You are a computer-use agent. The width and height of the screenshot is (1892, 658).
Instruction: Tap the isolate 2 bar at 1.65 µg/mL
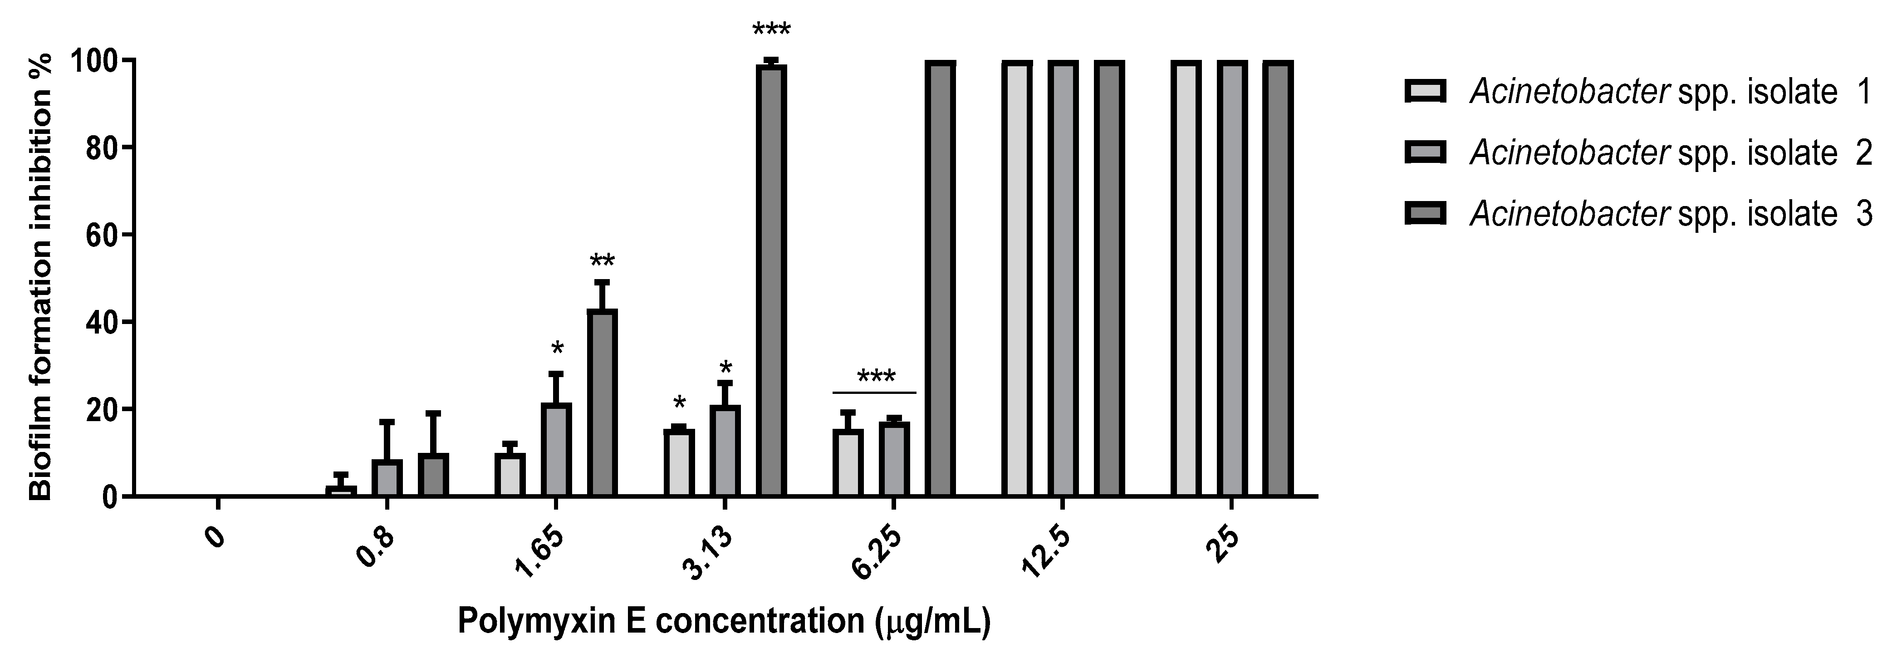(556, 449)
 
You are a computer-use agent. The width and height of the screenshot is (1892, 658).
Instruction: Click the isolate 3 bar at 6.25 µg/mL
(939, 279)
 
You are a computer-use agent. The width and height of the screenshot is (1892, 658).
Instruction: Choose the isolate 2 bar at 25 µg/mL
(1232, 279)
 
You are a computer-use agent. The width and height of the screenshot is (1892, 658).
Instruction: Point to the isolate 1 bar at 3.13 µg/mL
(679, 463)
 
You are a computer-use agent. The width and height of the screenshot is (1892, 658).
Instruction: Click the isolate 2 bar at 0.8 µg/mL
(387, 478)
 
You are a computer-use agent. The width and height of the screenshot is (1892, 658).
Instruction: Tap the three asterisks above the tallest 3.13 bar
(771, 31)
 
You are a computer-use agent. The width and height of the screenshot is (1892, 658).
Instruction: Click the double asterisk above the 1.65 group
(602, 261)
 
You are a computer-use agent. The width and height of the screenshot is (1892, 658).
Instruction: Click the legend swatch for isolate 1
(1425, 92)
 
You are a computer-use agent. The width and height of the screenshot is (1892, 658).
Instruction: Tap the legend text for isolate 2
(1671, 153)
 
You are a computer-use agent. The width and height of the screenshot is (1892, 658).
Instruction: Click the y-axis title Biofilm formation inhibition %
(41, 278)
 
